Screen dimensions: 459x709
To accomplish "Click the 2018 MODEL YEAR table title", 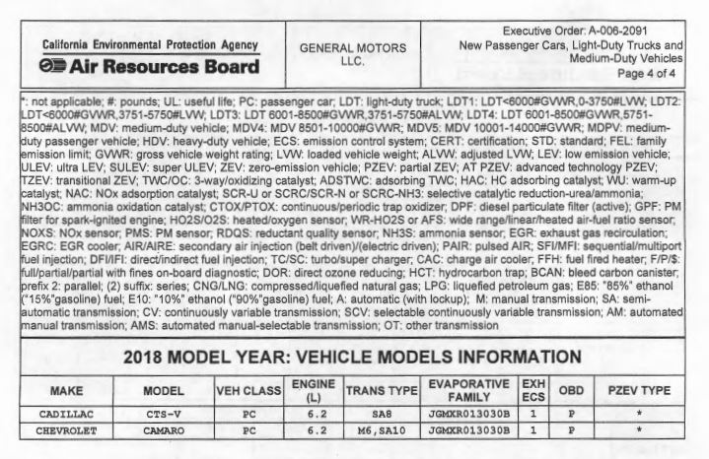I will (x=354, y=360).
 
